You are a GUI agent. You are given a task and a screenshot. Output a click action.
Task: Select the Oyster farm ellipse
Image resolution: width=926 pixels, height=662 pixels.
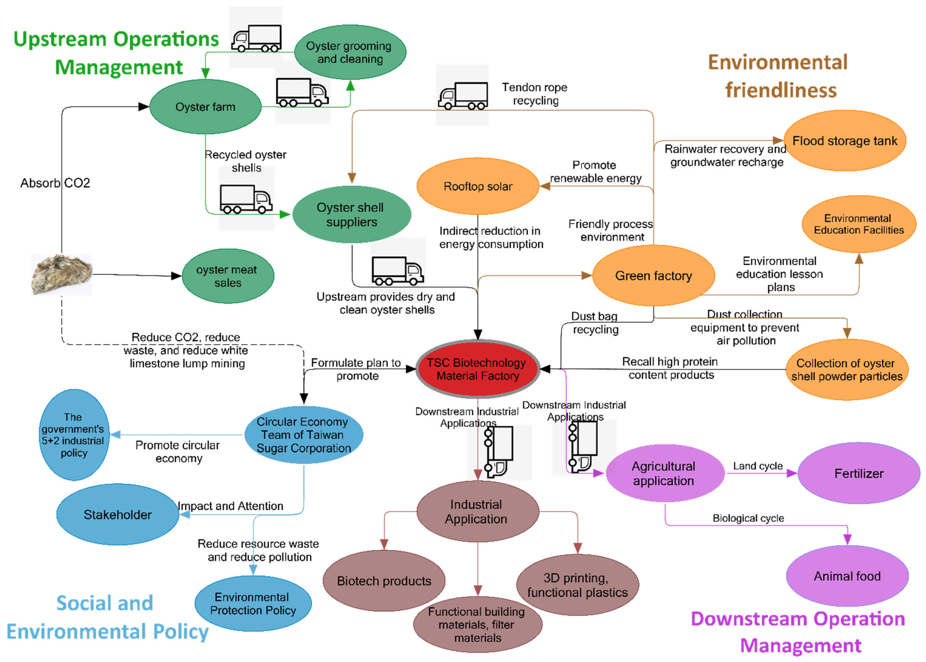(205, 107)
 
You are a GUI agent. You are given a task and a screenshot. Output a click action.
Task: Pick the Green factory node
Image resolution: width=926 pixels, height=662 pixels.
(653, 276)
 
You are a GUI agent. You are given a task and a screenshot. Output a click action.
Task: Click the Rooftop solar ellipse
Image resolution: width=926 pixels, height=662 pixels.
(478, 186)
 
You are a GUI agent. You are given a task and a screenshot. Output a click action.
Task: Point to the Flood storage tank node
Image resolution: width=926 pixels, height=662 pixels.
(844, 141)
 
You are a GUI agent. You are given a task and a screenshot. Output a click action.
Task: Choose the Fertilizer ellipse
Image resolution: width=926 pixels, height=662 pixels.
(858, 473)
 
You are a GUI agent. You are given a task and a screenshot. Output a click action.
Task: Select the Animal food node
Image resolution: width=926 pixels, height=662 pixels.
(847, 576)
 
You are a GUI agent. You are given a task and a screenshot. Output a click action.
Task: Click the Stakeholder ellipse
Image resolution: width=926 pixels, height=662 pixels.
(117, 514)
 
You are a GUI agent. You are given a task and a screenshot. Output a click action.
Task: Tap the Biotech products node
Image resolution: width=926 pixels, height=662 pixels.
(384, 580)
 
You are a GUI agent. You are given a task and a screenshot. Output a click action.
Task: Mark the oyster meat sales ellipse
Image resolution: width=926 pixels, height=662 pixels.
(227, 276)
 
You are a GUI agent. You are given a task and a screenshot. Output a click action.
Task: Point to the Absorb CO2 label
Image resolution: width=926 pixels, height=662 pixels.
(55, 183)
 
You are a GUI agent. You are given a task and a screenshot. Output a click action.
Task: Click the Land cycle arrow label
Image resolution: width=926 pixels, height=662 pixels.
(758, 466)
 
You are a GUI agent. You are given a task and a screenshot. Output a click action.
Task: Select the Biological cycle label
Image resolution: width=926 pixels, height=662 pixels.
(748, 518)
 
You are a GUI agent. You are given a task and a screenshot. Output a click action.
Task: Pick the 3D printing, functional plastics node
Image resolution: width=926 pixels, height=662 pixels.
(577, 584)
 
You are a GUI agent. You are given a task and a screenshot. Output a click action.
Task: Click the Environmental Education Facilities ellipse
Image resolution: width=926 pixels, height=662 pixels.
(858, 224)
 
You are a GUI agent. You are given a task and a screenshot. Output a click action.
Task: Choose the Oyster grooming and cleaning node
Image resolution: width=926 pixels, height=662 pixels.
(350, 52)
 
